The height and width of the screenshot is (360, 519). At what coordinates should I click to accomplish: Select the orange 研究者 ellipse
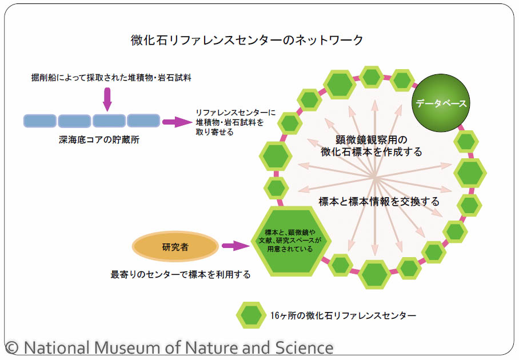click(x=175, y=247)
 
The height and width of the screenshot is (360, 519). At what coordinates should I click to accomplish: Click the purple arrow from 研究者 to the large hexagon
click(x=234, y=246)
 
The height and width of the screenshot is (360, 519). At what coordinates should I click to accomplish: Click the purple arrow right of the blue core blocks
click(x=176, y=121)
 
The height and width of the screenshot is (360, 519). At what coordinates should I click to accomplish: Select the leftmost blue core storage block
click(x=39, y=121)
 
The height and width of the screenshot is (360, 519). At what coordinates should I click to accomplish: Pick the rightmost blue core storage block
click(x=143, y=121)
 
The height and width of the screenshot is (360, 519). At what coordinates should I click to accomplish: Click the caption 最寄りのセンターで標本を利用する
click(x=181, y=274)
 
